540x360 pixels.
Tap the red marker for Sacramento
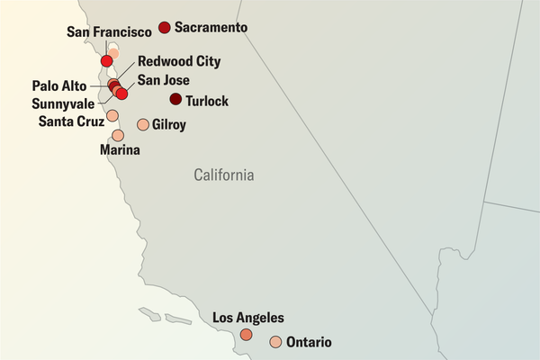[164, 28]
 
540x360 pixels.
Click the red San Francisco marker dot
[107, 61]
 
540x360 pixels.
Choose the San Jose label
[164, 80]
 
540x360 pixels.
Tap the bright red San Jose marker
[122, 94]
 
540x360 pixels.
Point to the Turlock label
[207, 102]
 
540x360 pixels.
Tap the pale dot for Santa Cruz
[112, 115]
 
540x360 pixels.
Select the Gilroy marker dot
[142, 124]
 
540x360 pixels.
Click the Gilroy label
[169, 125]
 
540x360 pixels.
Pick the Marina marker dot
[118, 135]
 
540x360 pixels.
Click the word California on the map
[224, 175]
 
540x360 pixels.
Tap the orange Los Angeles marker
[246, 334]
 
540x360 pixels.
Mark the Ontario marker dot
[275, 342]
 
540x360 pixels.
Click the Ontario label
[309, 343]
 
